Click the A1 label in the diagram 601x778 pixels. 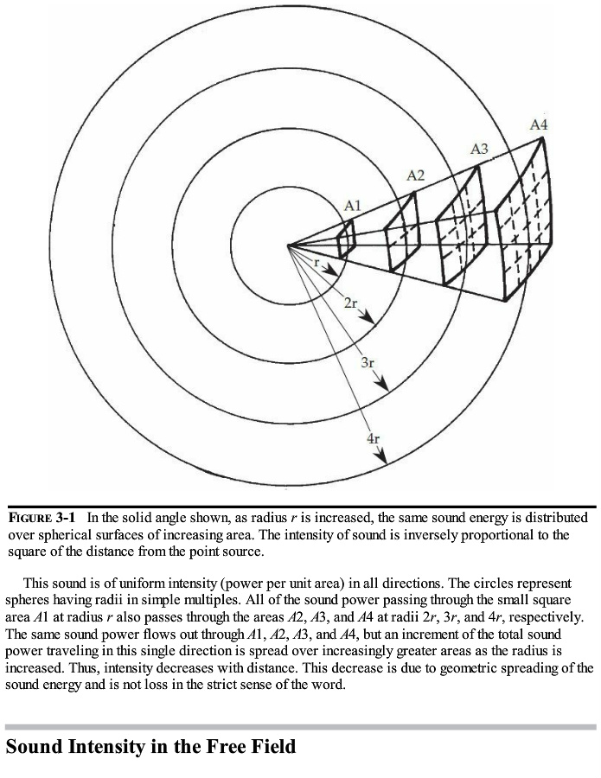[352, 206]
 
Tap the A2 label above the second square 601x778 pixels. [416, 175]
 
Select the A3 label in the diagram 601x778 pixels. [479, 150]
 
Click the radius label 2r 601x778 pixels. [350, 303]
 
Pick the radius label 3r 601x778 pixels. [367, 362]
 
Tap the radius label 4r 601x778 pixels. [373, 438]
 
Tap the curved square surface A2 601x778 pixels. [401, 233]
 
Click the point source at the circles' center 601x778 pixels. [291, 245]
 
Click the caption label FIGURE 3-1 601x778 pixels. [41, 517]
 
